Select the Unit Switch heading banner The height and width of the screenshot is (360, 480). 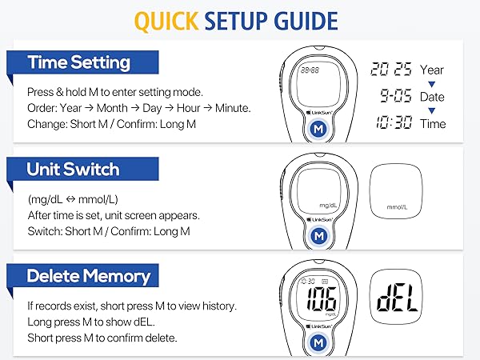[73, 170]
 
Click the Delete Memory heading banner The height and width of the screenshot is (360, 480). [88, 277]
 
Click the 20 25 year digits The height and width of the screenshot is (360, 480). [391, 70]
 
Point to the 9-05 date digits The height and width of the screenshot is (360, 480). [392, 97]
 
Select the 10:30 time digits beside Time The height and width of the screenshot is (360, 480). [392, 123]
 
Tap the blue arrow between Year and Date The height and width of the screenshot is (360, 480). [431, 83]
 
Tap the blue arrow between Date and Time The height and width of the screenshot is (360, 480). [431, 110]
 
